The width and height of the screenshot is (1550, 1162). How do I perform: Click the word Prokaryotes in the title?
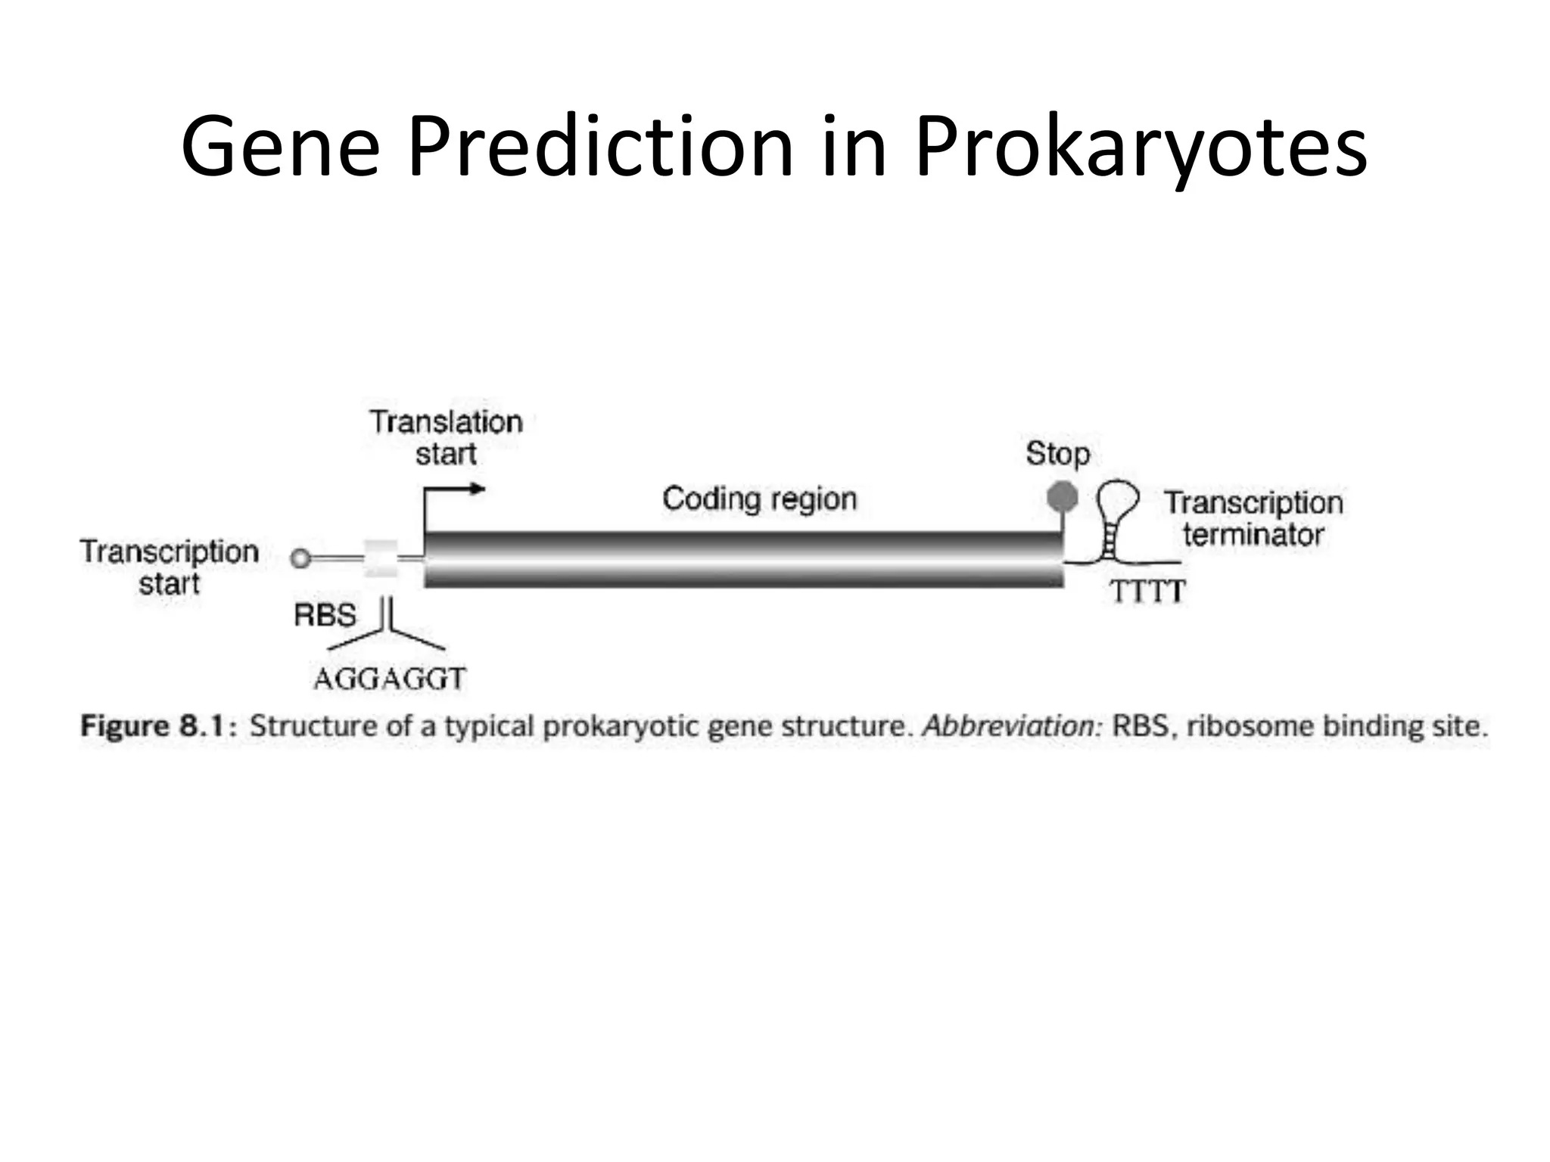tap(1141, 148)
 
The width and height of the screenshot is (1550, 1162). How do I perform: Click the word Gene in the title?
tap(280, 148)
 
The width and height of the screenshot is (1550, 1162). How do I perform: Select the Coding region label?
tap(759, 499)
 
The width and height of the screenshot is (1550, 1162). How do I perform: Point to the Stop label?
tap(1057, 454)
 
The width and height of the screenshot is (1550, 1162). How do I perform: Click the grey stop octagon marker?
tap(1062, 497)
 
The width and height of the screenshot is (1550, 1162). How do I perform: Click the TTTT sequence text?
tap(1147, 592)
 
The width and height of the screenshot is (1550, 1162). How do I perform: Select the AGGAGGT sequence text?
tap(389, 679)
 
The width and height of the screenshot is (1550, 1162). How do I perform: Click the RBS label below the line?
tap(325, 615)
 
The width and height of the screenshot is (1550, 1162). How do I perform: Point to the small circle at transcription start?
tap(300, 559)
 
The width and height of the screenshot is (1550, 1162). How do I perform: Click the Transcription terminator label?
tap(1253, 519)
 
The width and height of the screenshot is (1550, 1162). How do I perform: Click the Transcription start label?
tap(169, 567)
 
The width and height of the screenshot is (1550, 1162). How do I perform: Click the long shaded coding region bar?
tap(743, 560)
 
